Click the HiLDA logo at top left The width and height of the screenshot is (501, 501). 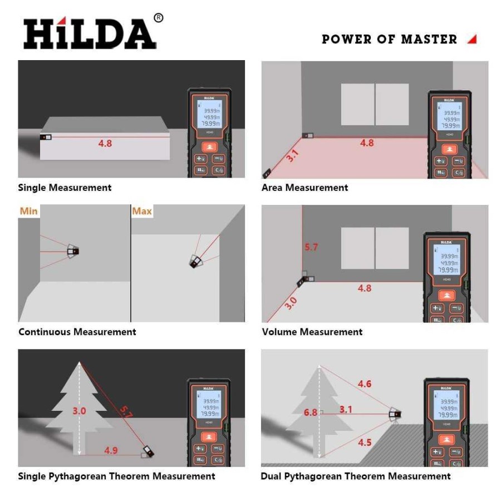[x=89, y=33]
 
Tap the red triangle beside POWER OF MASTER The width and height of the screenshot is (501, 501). [x=471, y=39]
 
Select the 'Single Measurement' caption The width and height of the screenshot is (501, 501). [x=65, y=188]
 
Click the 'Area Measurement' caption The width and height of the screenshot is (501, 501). [x=304, y=188]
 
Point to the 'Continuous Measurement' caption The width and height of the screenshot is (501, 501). [x=77, y=332]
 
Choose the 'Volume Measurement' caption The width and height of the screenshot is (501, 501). [x=312, y=332]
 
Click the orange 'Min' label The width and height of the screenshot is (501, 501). [x=28, y=212]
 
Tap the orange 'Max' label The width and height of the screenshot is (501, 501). [x=142, y=212]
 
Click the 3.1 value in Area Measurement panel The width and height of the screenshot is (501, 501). [x=292, y=156]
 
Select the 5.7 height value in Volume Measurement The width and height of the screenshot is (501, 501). [x=311, y=247]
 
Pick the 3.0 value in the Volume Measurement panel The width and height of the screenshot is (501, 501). [x=291, y=302]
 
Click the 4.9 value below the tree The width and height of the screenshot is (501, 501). [x=111, y=450]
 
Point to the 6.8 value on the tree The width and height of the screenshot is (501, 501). [x=310, y=412]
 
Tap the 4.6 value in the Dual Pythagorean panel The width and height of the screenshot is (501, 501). [x=365, y=384]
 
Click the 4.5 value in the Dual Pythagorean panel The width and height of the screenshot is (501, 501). [x=365, y=442]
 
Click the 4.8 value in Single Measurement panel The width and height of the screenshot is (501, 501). [x=105, y=143]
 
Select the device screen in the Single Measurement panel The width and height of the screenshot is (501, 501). [x=209, y=115]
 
